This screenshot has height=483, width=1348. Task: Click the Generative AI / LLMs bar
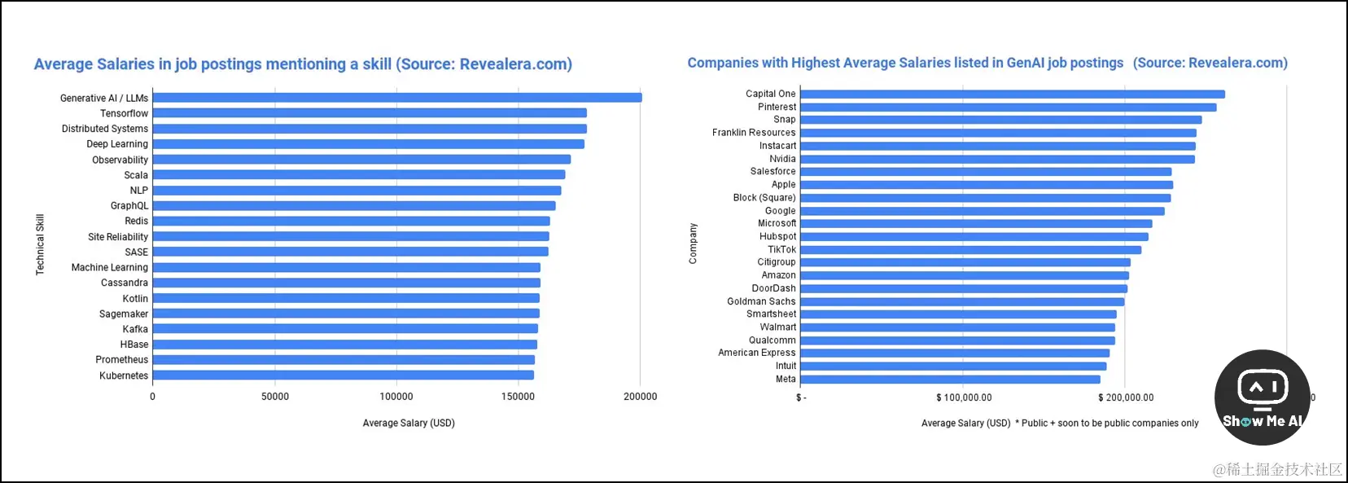pyautogui.click(x=397, y=98)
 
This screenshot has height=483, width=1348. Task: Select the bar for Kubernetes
pyautogui.click(x=343, y=375)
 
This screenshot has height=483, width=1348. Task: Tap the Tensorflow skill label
pyautogui.click(x=124, y=113)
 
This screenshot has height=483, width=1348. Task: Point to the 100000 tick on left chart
pyautogui.click(x=396, y=397)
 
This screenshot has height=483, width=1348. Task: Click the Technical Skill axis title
pyautogui.click(x=40, y=244)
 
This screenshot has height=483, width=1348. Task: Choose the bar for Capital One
pyautogui.click(x=1012, y=94)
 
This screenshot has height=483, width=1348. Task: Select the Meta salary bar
pyautogui.click(x=950, y=380)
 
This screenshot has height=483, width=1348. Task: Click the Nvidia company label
pyautogui.click(x=782, y=159)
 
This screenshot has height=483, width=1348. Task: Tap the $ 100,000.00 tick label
pyautogui.click(x=964, y=397)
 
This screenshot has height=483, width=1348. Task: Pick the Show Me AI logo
pyautogui.click(x=1262, y=397)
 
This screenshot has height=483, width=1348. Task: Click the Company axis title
pyautogui.click(x=694, y=244)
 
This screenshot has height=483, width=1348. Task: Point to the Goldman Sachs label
pyautogui.click(x=761, y=301)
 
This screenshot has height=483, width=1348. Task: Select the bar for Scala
pyautogui.click(x=358, y=175)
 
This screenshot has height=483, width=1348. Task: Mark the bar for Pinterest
pyautogui.click(x=1008, y=108)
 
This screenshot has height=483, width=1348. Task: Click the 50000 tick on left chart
pyautogui.click(x=275, y=397)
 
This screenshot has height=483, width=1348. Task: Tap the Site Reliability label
pyautogui.click(x=118, y=237)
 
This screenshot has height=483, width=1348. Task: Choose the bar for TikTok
pyautogui.click(x=970, y=250)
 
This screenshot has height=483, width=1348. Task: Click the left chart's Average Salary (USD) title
pyautogui.click(x=409, y=423)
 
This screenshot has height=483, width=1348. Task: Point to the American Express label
pyautogui.click(x=756, y=353)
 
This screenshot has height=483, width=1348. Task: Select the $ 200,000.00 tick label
pyautogui.click(x=1126, y=397)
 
